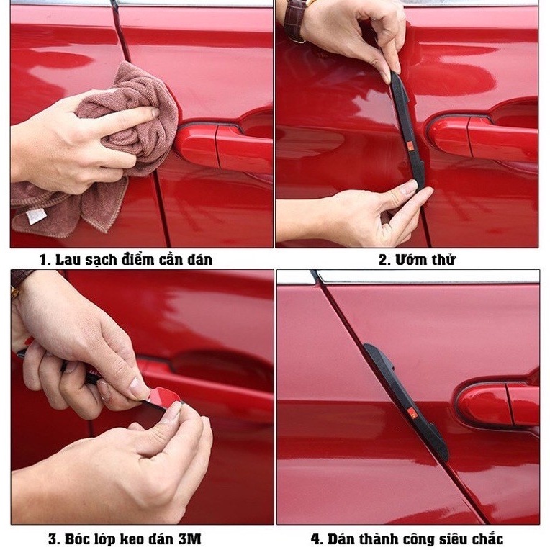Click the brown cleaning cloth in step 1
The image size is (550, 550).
(x=116, y=148)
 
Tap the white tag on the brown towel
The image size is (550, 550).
(x=35, y=216)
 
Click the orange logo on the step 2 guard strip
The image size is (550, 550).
(x=411, y=145)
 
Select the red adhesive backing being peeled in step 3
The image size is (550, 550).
(x=164, y=397)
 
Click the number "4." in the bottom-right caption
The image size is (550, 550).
(x=317, y=539)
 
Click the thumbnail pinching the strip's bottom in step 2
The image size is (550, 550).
(x=409, y=188)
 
